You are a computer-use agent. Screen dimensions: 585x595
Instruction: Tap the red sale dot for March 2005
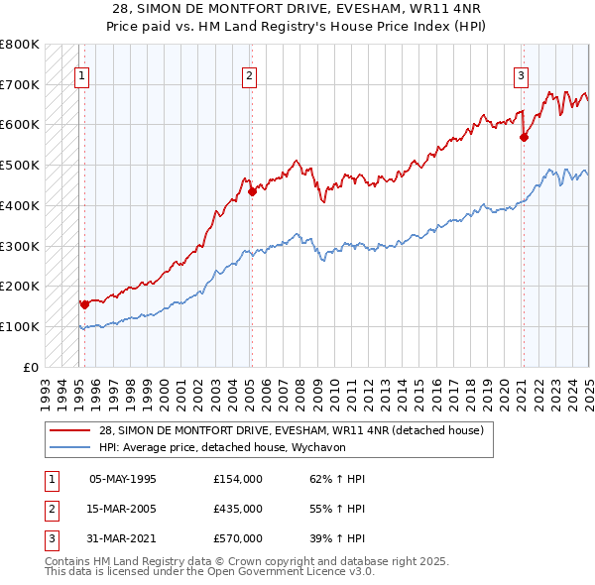(252, 191)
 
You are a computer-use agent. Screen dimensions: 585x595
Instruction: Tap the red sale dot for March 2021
(524, 138)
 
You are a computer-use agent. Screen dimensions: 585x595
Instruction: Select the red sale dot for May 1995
(84, 304)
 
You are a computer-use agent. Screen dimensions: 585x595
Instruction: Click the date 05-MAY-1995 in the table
(123, 479)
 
